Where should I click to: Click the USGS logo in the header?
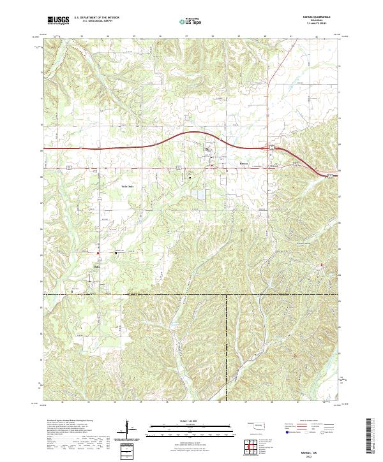(59, 20)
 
